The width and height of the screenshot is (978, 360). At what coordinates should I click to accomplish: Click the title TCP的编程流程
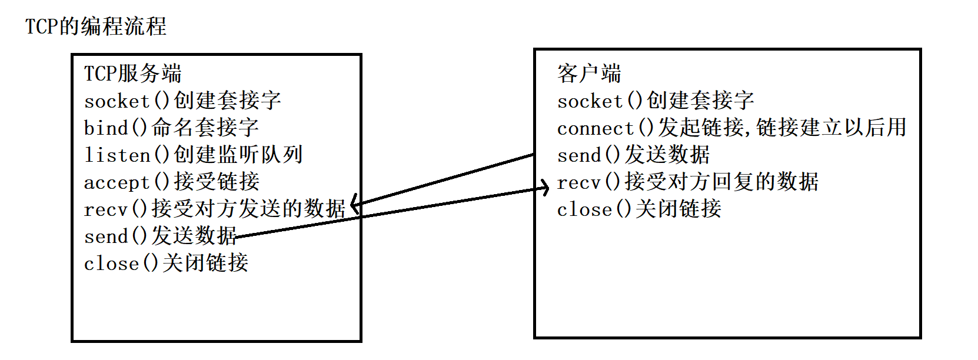point(96,26)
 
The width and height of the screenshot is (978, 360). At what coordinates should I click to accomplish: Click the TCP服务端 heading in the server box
point(132,74)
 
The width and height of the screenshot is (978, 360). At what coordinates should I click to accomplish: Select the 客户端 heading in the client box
point(589,74)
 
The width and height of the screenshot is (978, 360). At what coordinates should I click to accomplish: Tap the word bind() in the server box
point(115,128)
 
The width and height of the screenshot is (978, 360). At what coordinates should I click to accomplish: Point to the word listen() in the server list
point(127,155)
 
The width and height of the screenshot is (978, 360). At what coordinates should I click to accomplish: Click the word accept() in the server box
point(127,182)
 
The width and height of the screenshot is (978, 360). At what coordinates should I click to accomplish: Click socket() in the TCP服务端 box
point(127,101)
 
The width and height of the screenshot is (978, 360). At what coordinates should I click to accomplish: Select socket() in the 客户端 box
point(600,101)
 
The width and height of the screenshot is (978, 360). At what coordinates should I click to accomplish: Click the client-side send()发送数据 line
point(633,155)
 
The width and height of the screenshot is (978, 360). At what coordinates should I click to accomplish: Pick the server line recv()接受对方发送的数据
point(214,209)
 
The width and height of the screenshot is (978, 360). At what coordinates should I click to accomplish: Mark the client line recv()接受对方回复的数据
point(687,182)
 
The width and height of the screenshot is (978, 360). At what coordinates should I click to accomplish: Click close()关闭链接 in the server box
point(166,263)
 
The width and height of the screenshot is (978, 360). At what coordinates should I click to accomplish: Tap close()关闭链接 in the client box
point(639,209)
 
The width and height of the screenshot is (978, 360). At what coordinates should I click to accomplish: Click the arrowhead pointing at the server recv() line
point(354,204)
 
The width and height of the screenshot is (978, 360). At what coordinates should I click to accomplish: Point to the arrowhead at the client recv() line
point(545,188)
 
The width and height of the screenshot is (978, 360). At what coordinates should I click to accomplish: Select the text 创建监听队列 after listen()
point(238,155)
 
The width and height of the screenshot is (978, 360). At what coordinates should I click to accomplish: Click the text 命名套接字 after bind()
point(205,128)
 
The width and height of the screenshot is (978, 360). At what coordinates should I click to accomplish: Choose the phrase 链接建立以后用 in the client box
point(831,128)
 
